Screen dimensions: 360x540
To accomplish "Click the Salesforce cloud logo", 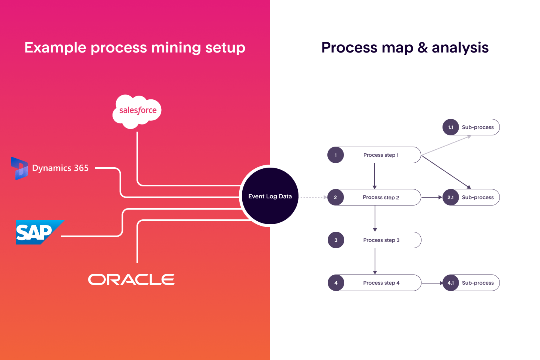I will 137,111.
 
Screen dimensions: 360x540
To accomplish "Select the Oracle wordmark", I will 131,279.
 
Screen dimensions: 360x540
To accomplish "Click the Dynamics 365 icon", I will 19,168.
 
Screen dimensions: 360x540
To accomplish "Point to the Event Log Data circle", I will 270,196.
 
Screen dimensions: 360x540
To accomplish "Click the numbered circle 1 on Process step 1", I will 336,155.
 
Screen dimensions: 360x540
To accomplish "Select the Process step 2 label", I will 381,197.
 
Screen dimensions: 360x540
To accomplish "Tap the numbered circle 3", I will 336,240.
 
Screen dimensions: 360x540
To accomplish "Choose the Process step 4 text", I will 381,283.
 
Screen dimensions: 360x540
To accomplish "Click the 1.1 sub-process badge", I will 451,127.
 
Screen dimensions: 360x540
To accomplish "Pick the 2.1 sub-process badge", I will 451,197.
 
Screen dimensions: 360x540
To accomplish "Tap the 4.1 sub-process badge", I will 451,283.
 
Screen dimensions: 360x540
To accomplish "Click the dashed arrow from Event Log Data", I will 313,197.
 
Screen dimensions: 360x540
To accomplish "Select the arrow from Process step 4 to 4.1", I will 432,283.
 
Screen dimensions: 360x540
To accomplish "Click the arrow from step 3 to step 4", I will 375,261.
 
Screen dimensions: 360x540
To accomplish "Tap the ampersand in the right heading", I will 423,48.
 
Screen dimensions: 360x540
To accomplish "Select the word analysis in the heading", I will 460,48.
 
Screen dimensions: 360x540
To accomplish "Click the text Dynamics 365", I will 60,168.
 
